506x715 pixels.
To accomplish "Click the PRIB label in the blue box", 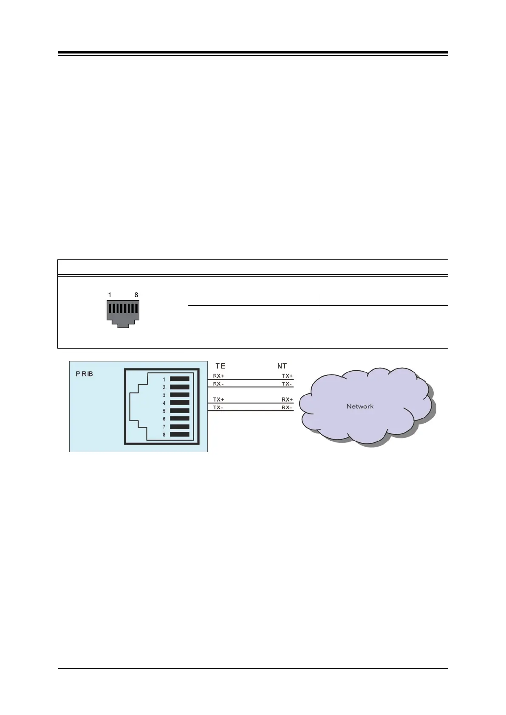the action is pos(84,374).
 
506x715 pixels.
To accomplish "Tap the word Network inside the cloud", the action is pos(360,406).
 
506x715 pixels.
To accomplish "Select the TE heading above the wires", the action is pos(220,366).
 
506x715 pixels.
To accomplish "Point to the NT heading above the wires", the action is pos(282,366).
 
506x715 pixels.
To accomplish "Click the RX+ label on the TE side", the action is pos(218,376).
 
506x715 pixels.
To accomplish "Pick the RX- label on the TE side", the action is pos(218,384).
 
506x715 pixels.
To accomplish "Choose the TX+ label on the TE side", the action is pos(218,400).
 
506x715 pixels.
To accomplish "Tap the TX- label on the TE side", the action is pos(218,408).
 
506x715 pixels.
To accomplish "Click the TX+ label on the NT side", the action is pos(287,376).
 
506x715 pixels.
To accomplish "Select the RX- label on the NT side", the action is pos(287,408).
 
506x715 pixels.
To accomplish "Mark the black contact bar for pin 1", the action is pos(180,379).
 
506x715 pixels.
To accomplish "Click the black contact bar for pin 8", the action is pos(180,434).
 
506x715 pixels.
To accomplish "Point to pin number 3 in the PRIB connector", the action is pos(164,395).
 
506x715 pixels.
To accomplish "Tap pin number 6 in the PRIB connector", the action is pos(164,419).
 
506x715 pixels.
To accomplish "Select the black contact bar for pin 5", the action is pos(180,411).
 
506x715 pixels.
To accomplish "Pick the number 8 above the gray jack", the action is pos(136,295).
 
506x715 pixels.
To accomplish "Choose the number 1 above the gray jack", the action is pos(110,295).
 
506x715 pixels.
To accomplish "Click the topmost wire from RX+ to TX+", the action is pos(251,379).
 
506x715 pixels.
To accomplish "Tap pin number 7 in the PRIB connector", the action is pos(164,427).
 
